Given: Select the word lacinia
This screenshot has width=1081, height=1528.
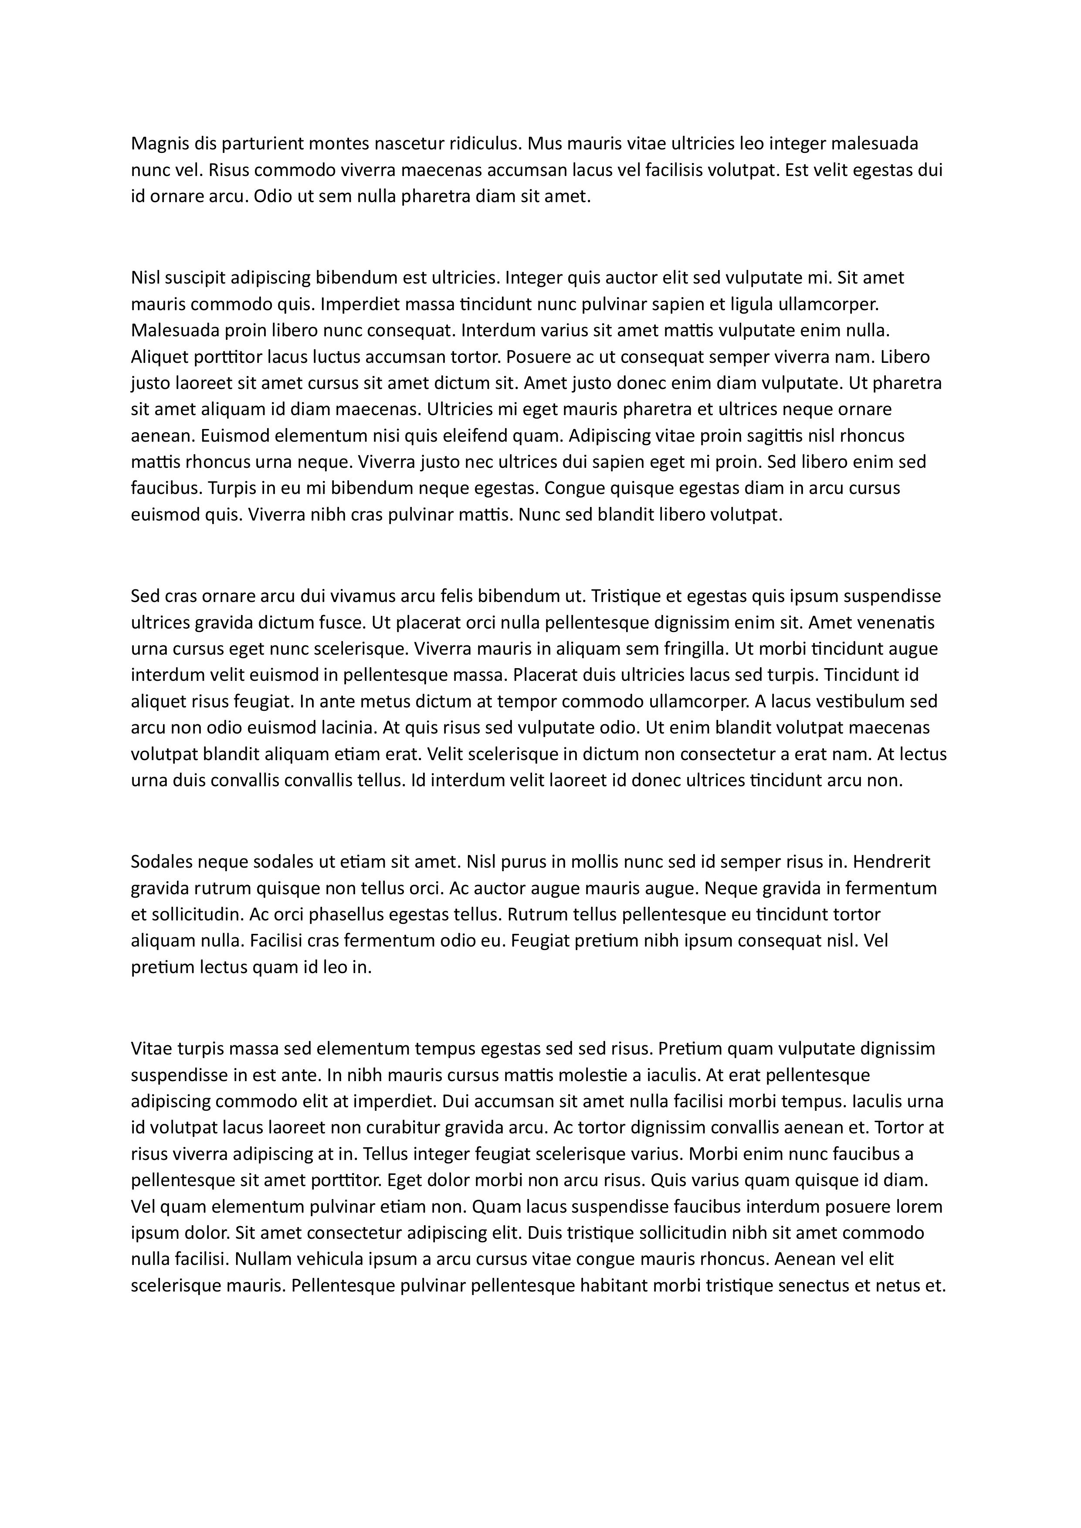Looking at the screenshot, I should coord(347,728).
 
